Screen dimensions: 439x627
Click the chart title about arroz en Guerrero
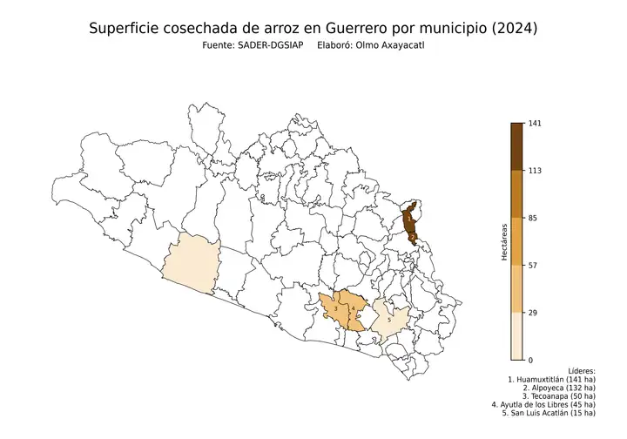313,29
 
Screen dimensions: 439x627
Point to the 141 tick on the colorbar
535,124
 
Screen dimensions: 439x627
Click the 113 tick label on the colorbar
535,171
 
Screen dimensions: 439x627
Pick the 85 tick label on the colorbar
533,218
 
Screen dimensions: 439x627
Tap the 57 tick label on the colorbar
533,265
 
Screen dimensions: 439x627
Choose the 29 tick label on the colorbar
533,312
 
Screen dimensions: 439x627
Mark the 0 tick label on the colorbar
530,360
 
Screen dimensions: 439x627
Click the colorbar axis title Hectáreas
504,241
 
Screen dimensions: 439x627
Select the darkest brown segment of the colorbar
516,146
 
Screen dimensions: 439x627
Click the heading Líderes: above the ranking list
580,370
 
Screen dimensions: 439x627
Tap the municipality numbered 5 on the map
389,321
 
